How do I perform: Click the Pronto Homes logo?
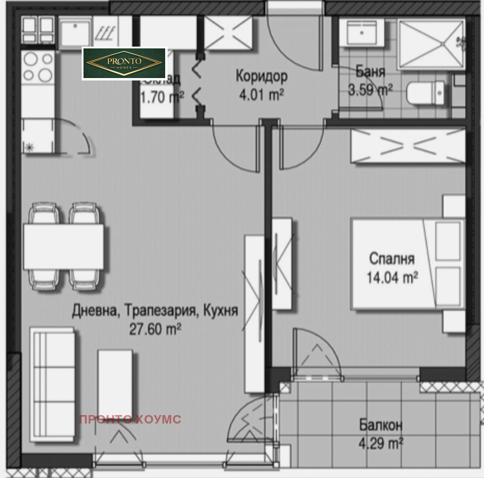pyautogui.click(x=124, y=64)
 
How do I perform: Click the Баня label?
pyautogui.click(x=370, y=72)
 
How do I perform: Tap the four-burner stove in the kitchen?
pyautogui.click(x=38, y=67)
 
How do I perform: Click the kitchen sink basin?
pyautogui.click(x=76, y=31)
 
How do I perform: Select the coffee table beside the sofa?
pyautogui.click(x=115, y=381)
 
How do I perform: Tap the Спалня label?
pyautogui.click(x=392, y=260)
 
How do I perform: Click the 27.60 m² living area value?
pyautogui.click(x=155, y=329)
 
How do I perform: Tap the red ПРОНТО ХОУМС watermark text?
pyautogui.click(x=130, y=419)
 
